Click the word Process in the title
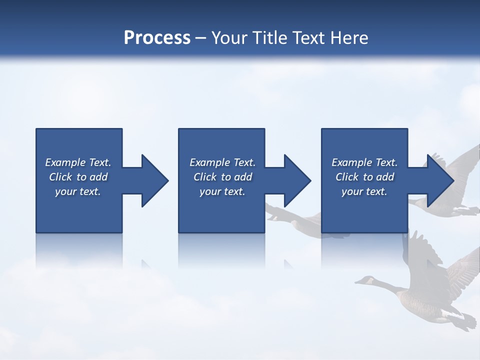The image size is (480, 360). (157, 38)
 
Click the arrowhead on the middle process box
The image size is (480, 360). (296, 180)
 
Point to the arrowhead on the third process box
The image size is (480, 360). (439, 180)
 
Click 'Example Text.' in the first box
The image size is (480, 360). (78, 162)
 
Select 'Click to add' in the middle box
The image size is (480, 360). (222, 177)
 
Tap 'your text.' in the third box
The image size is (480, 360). (364, 191)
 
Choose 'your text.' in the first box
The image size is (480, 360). (78, 191)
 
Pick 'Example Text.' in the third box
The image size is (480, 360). (364, 162)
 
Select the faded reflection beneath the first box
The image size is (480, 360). (79, 250)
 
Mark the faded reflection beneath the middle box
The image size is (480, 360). (221, 250)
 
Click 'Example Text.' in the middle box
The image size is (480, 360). (222, 162)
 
